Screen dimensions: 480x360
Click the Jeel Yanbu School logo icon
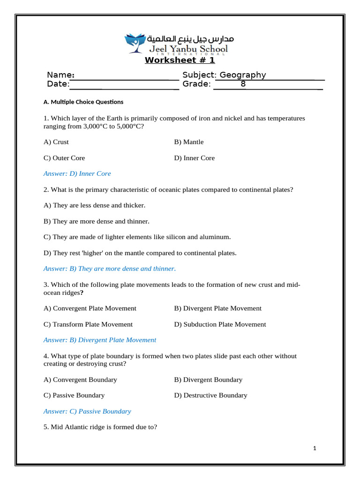click(x=135, y=43)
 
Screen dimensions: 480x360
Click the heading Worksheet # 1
click(x=180, y=60)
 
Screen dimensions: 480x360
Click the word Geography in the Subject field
click(x=242, y=75)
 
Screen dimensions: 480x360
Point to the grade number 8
click(x=243, y=84)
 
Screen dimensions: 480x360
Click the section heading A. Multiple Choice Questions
click(x=83, y=102)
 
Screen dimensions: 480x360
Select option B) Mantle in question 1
click(x=189, y=142)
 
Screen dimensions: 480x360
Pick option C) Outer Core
click(x=64, y=158)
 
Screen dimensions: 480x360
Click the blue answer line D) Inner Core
click(x=77, y=174)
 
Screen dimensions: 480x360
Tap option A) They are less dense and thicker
click(x=94, y=205)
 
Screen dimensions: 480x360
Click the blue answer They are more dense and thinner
click(x=110, y=269)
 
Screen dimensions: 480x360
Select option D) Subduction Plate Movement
click(x=220, y=324)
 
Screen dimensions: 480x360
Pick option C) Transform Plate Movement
click(x=88, y=324)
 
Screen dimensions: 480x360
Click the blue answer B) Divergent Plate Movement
click(x=100, y=340)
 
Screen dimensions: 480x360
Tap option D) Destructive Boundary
click(x=210, y=396)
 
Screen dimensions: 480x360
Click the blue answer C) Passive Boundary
click(x=87, y=412)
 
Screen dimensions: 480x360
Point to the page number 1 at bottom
click(x=315, y=449)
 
